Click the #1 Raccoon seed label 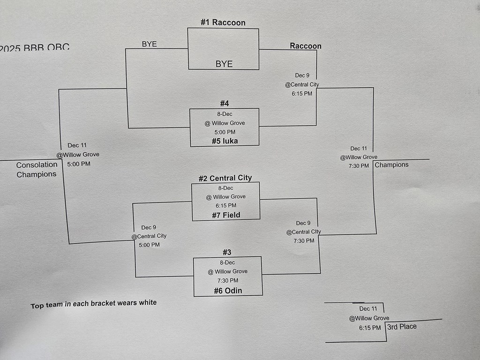pyautogui.click(x=223, y=22)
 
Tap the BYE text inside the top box pyautogui.click(x=224, y=64)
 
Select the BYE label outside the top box pyautogui.click(x=149, y=44)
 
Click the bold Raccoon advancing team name pyautogui.click(x=306, y=46)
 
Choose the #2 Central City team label pyautogui.click(x=225, y=178)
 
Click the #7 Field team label pyautogui.click(x=226, y=215)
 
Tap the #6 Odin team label pyautogui.click(x=228, y=291)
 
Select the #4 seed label pyautogui.click(x=225, y=104)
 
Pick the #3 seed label pyautogui.click(x=227, y=252)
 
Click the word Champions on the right pyautogui.click(x=391, y=165)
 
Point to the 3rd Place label pyautogui.click(x=402, y=327)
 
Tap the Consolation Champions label pyautogui.click(x=37, y=170)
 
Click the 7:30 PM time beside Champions pyautogui.click(x=359, y=165)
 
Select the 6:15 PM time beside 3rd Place pyautogui.click(x=370, y=328)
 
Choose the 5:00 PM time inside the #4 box pyautogui.click(x=225, y=132)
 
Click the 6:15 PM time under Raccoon pyautogui.click(x=302, y=93)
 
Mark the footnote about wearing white pyautogui.click(x=94, y=304)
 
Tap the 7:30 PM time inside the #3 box pyautogui.click(x=228, y=280)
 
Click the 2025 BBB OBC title pyautogui.click(x=35, y=48)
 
